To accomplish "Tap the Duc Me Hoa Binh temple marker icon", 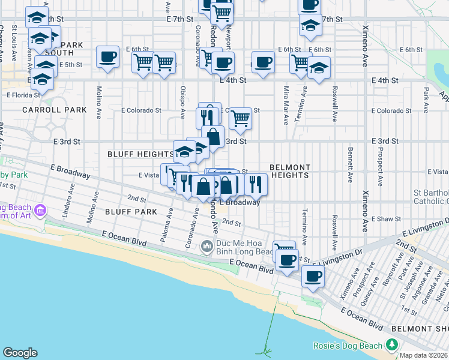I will pyautogui.click(x=207, y=245).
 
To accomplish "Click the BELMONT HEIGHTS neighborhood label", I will pyautogui.click(x=290, y=171).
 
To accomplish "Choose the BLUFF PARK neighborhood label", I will pyautogui.click(x=131, y=212).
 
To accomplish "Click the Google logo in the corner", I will pyautogui.click(x=20, y=353).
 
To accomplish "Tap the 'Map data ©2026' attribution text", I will pyautogui.click(x=424, y=355).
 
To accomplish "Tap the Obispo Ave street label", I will pyautogui.click(x=183, y=100).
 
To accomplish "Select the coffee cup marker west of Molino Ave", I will pyautogui.click(x=108, y=58).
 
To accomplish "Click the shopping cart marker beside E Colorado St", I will pyautogui.click(x=240, y=118).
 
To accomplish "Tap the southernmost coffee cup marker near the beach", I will pyautogui.click(x=313, y=277).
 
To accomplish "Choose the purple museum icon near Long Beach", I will pyautogui.click(x=40, y=211).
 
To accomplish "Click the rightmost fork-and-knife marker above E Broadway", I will pyautogui.click(x=256, y=185).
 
